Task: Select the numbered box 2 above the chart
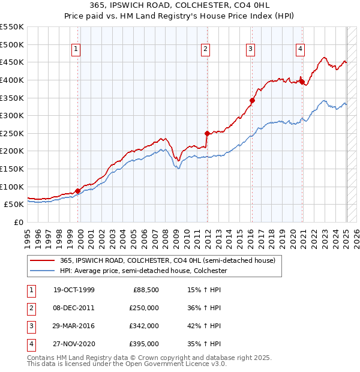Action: point(205,50)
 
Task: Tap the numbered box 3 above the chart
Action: point(250,50)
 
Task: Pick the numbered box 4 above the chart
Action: point(299,50)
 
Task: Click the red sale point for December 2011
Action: point(207,133)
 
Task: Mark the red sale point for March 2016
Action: point(252,101)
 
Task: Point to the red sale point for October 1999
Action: point(78,191)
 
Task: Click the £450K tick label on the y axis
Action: point(12,62)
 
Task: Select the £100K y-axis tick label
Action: point(12,187)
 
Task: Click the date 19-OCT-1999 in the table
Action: point(74,290)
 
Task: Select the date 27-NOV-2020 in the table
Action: point(74,344)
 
